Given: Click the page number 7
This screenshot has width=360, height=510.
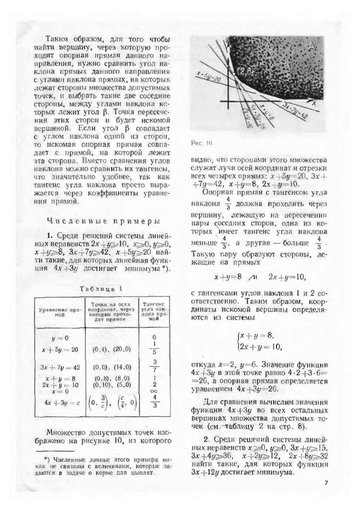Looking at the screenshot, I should click(x=325, y=483).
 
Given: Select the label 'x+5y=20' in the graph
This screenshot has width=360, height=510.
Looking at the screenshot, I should click(x=208, y=77).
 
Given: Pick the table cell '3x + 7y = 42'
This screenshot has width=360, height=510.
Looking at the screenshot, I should click(x=60, y=367).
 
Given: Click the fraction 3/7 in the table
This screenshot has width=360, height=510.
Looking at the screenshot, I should click(x=154, y=367).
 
